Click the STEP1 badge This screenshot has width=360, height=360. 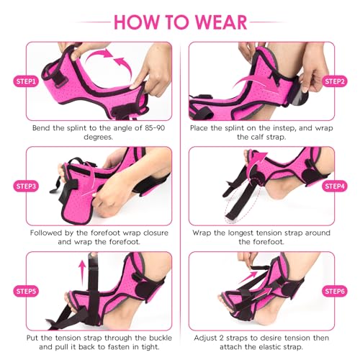(x=26, y=81)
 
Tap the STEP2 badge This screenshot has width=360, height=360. (x=335, y=81)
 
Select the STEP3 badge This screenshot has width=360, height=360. (x=26, y=186)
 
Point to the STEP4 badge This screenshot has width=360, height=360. (x=335, y=186)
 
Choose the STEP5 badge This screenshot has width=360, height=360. (x=26, y=292)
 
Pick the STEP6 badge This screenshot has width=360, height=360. (x=335, y=292)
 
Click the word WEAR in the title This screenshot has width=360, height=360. (x=221, y=22)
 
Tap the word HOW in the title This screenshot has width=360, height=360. (x=136, y=22)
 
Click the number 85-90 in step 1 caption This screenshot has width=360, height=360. (x=155, y=128)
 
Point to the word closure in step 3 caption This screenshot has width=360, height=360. (x=156, y=233)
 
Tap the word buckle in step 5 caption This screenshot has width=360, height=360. (x=161, y=338)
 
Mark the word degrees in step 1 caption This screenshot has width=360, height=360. (x=98, y=138)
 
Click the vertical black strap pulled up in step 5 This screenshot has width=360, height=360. (x=93, y=288)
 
